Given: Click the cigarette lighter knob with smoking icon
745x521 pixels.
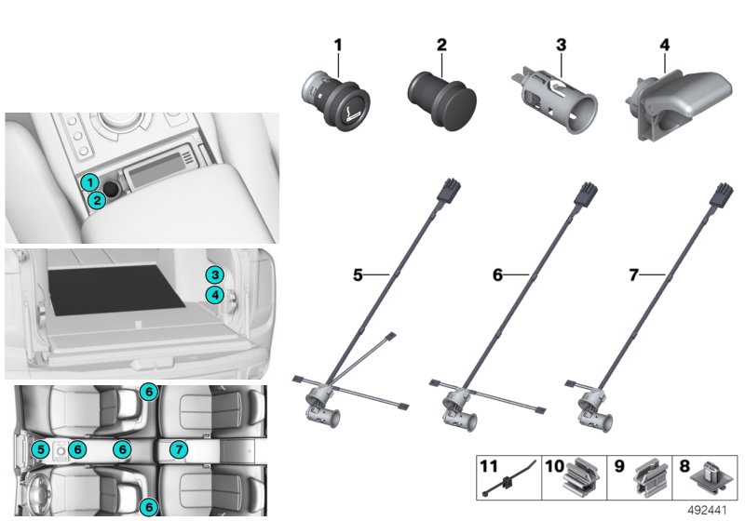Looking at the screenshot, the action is (336, 101).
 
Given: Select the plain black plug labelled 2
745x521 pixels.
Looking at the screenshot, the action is (441, 99).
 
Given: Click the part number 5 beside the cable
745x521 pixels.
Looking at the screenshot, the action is (358, 274).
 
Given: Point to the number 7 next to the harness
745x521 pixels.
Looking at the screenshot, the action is (633, 275).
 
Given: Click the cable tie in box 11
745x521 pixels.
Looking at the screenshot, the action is (508, 480).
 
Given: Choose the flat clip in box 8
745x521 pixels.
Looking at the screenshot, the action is (710, 478).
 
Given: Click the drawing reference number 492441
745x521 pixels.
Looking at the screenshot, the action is (707, 511).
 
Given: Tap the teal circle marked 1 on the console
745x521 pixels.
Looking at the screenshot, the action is (89, 182).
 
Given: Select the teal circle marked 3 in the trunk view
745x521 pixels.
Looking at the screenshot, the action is (215, 274).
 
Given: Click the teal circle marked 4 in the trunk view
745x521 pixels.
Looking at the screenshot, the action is (215, 295).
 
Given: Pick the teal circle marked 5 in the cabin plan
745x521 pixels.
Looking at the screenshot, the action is (40, 448).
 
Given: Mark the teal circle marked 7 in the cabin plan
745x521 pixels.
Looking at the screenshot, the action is (179, 448).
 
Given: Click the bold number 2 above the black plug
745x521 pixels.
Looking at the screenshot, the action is (441, 45).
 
